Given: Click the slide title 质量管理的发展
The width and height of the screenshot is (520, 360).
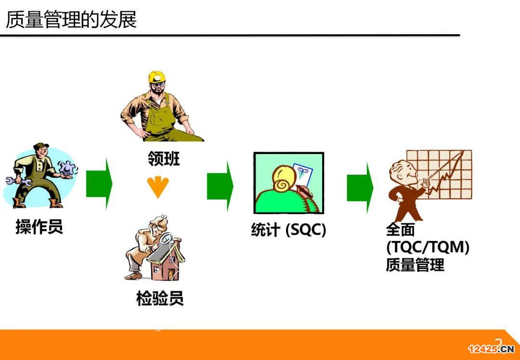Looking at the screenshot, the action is pos(71,19).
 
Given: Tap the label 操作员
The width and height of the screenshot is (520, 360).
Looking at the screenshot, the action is pos(39,227).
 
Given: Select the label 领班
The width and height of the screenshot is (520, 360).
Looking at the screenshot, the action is pos(164,158).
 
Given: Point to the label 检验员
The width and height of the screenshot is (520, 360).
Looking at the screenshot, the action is pos(160,298).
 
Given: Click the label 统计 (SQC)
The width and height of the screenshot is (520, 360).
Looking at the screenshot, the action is pos(288,230).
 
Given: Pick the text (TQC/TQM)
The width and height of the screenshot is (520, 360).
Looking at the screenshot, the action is pos(428,247).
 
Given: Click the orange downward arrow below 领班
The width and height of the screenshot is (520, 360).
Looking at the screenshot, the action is pos(158,187).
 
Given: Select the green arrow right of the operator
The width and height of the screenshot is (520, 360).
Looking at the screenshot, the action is pos(99,184).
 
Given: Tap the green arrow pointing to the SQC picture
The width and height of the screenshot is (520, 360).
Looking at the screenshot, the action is pos(220,186).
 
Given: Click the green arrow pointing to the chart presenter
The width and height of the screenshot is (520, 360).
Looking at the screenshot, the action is pos(360,188).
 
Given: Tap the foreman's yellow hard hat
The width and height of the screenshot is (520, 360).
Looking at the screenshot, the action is pos(156,77).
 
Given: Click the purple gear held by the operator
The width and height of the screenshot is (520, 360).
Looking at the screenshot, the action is pos(68,168).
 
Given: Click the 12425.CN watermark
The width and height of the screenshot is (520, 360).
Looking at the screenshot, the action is pos(491,349).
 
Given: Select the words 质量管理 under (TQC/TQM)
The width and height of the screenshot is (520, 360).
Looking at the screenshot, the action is pos(415,265).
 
